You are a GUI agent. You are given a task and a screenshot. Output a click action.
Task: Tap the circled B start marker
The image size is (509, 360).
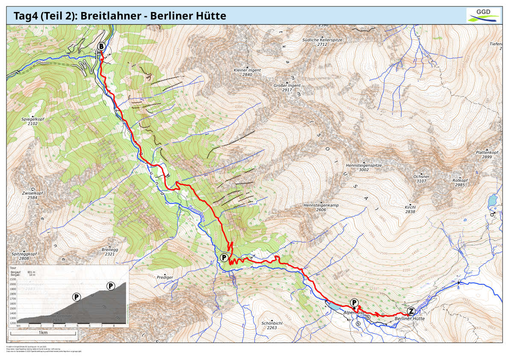[x=102, y=46]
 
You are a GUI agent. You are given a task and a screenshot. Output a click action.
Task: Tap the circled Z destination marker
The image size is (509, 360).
[x=411, y=311]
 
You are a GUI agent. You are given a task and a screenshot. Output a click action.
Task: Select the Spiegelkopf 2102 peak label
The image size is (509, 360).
[x=32, y=121]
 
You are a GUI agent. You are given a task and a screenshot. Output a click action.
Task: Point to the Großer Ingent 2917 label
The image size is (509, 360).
[x=287, y=88]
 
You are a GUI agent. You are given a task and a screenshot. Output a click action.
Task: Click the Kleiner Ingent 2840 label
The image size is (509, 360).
[x=247, y=72]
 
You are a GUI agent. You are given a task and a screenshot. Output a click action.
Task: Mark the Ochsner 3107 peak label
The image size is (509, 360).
[x=421, y=178]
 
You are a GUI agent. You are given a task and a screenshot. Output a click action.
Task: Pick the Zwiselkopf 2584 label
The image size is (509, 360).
[x=32, y=195]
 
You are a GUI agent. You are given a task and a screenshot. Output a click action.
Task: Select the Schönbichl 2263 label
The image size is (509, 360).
[x=272, y=325]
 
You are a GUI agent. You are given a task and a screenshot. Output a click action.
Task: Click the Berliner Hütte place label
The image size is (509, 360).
[x=409, y=319]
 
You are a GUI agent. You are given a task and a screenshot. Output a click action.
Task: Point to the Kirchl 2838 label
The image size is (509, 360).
[x=410, y=209]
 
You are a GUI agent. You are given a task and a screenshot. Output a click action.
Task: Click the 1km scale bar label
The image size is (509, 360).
[x=43, y=333]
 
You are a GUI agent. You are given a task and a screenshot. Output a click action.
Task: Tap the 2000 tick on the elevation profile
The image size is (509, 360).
[x=13, y=284]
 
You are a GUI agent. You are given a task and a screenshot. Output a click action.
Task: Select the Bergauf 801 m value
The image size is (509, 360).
[x=31, y=272]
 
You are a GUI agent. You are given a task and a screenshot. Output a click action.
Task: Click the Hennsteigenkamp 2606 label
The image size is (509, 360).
[x=321, y=207]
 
